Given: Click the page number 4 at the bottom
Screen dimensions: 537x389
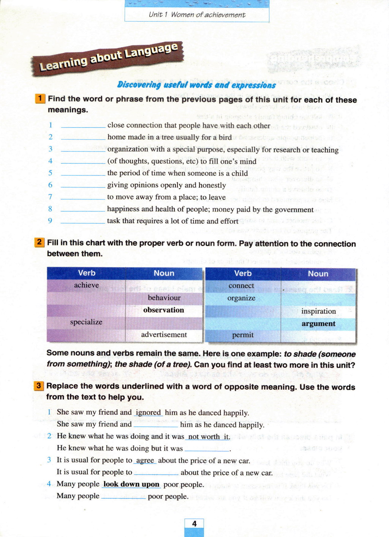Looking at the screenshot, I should [194, 524].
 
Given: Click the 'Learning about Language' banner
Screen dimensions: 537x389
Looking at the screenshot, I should [108, 57].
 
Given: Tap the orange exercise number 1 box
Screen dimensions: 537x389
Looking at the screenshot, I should [40, 99].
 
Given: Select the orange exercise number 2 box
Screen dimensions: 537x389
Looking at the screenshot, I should [39, 242].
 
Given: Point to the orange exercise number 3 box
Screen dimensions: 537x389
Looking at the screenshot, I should [39, 386].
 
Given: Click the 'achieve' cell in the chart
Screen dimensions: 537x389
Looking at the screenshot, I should [86, 285].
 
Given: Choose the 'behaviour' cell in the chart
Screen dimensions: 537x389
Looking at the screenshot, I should [164, 298].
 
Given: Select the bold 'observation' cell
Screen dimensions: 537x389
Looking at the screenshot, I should [164, 310].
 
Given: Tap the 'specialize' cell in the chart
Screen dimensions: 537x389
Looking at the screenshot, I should [86, 322].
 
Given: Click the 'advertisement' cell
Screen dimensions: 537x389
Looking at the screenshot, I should [164, 334].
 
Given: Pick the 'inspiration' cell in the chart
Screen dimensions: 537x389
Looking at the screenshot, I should [318, 311].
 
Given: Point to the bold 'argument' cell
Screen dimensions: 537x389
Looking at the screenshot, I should [318, 324].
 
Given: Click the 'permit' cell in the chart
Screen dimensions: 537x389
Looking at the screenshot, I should [243, 335].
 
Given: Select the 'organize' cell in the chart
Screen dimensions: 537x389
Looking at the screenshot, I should [241, 298].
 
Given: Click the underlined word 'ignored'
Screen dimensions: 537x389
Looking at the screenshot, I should [148, 413].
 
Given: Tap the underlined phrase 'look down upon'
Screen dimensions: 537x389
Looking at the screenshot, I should [131, 484].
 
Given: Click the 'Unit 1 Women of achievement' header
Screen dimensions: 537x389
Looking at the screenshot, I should [197, 15].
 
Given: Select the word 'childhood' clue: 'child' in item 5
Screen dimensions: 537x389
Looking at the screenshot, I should [240, 173].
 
